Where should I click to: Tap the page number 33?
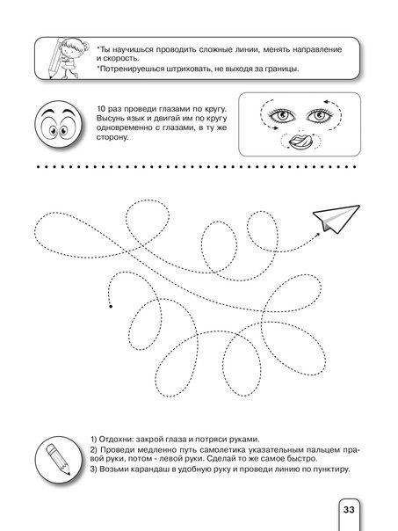(x=349, y=509)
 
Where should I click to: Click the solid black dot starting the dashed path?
(x=111, y=307)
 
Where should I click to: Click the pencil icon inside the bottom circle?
(x=58, y=460)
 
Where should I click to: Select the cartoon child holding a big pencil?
(x=67, y=58)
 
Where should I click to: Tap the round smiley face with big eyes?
(x=59, y=124)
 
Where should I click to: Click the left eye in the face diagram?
(x=282, y=115)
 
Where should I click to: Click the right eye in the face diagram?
(x=319, y=115)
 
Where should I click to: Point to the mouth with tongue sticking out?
(x=300, y=141)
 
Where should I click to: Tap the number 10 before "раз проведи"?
(x=101, y=109)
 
